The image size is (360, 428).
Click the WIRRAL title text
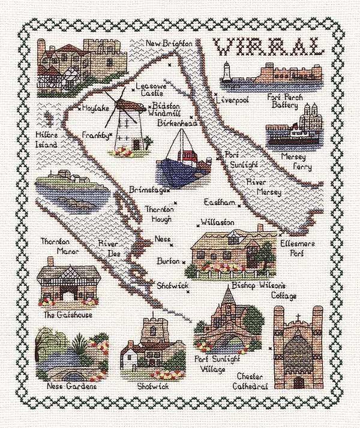(268, 47)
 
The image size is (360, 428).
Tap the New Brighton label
(170, 44)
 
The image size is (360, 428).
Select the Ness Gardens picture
(65, 354)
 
